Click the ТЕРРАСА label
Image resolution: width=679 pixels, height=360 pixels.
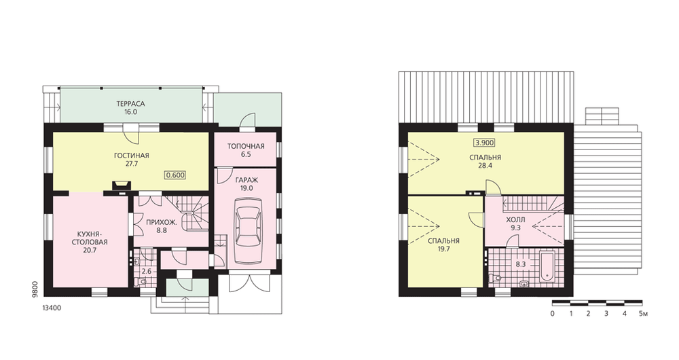(130, 104)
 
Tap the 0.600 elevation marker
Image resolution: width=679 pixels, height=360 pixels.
(175, 175)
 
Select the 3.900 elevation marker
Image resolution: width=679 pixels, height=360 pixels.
(484, 143)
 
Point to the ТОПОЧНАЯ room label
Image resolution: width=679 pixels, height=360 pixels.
(246, 146)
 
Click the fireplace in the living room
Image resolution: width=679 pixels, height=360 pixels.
(121, 185)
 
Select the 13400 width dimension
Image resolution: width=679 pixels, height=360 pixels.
(52, 308)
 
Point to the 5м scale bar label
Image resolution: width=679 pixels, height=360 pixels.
(643, 314)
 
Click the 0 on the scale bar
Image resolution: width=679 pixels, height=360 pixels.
(553, 314)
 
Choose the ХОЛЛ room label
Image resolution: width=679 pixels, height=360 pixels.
(515, 219)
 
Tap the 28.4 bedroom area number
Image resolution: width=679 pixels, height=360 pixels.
(485, 166)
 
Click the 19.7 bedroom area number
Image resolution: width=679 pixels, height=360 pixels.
(443, 249)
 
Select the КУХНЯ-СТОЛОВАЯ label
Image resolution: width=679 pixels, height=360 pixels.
(89, 238)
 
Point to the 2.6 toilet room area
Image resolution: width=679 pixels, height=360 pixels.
(147, 272)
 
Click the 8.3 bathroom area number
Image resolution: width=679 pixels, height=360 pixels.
(520, 263)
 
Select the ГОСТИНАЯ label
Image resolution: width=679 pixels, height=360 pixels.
(132, 156)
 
